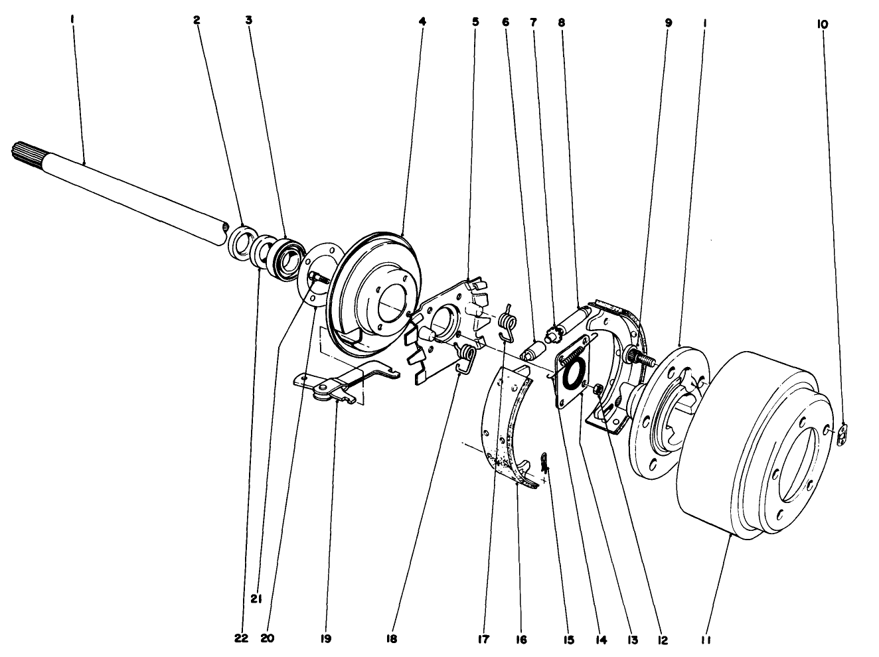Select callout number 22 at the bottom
242,638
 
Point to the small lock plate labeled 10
842,435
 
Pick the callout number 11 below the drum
708,638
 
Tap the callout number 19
325,638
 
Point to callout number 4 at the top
422,21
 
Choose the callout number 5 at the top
475,21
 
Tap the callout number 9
668,23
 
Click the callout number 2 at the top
197,21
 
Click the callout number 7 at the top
532,21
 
